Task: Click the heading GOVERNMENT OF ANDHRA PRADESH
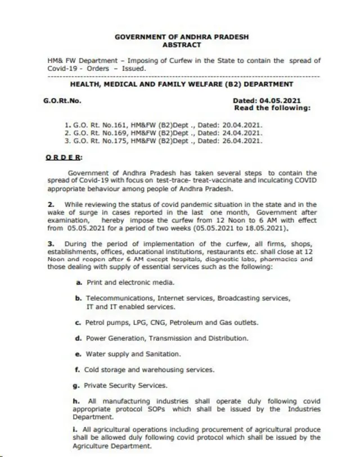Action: tap(181, 37)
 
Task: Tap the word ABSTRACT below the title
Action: tap(181, 44)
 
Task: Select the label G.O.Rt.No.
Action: tap(62, 101)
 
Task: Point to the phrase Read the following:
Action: tap(272, 107)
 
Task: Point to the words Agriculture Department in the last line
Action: tap(112, 445)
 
